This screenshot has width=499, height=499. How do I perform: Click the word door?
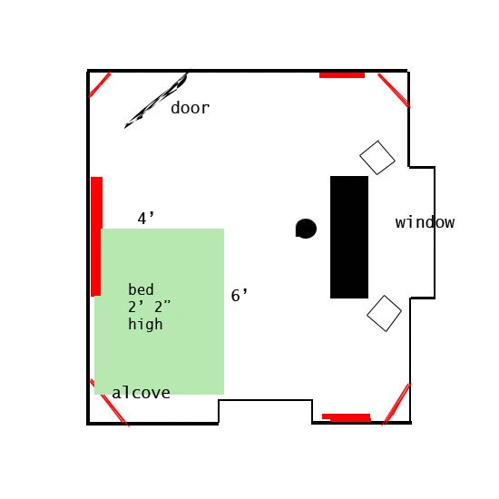(191, 108)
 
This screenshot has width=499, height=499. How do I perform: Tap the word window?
(425, 222)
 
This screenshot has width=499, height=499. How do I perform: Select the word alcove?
(141, 392)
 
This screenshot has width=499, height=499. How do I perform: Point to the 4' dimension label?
(146, 219)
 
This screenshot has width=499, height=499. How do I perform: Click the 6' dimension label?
(240, 295)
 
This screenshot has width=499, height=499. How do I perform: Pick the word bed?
(141, 289)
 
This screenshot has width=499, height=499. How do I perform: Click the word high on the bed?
(145, 324)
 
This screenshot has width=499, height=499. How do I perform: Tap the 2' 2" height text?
(150, 307)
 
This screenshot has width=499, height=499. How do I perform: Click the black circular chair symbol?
(306, 229)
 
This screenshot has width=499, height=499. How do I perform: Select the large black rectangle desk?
(349, 237)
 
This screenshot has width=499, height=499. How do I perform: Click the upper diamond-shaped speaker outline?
(377, 158)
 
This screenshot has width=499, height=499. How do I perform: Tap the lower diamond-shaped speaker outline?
(384, 314)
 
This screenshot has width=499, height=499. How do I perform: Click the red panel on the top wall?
(342, 75)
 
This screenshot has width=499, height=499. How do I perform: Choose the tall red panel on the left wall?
(96, 237)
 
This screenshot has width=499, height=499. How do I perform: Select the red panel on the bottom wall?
(347, 417)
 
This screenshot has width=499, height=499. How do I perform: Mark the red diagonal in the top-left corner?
(100, 84)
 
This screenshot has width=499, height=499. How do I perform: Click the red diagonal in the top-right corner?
(394, 91)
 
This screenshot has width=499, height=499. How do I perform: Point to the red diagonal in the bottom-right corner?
(396, 404)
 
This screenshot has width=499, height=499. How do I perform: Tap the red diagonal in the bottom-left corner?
(110, 403)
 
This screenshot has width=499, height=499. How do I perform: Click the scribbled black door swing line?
(156, 100)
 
